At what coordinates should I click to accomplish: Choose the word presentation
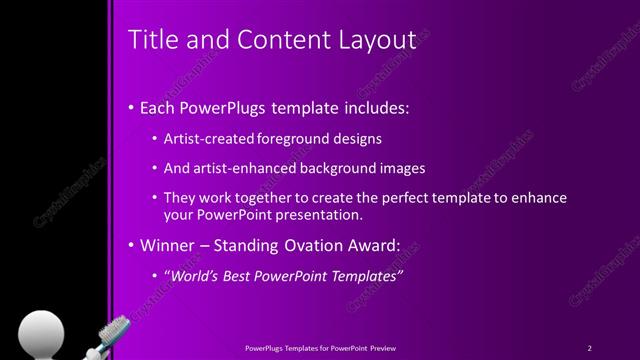pyautogui.click(x=318, y=214)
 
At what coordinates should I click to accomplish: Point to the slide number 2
pyautogui.click(x=590, y=347)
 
